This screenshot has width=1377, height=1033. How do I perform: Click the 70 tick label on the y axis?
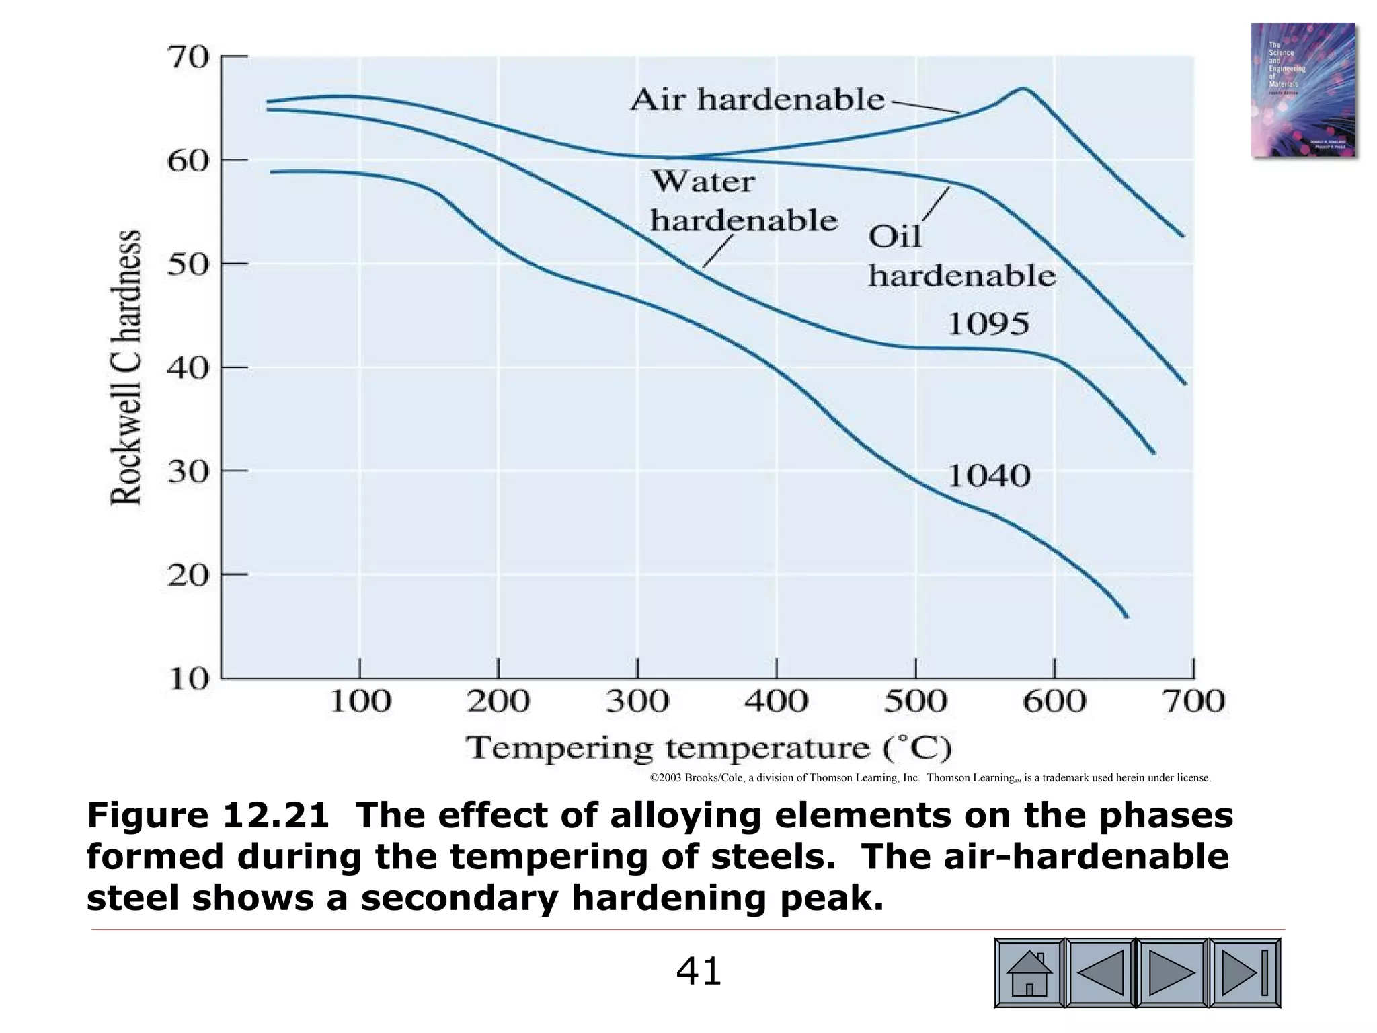pyautogui.click(x=188, y=58)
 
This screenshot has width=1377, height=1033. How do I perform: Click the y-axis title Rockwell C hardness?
pyautogui.click(x=126, y=368)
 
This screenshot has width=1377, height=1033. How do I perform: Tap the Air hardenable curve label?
pyautogui.click(x=758, y=100)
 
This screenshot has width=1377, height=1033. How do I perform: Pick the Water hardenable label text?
pyautogui.click(x=742, y=202)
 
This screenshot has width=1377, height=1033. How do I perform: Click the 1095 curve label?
pyautogui.click(x=988, y=325)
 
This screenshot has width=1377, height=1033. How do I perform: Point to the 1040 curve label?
pyautogui.click(x=988, y=476)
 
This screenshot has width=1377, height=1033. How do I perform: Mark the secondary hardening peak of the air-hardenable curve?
pyautogui.click(x=1022, y=89)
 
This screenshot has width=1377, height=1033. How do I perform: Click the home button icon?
pyautogui.click(x=1029, y=973)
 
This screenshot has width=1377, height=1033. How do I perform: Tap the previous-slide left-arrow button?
pyautogui.click(x=1101, y=973)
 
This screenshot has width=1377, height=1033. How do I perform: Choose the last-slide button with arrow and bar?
pyautogui.click(x=1245, y=973)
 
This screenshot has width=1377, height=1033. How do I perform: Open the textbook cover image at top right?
pyautogui.click(x=1302, y=90)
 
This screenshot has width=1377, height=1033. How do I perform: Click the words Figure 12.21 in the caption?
pyautogui.click(x=208, y=816)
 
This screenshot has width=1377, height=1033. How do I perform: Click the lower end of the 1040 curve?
pyautogui.click(x=1126, y=616)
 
